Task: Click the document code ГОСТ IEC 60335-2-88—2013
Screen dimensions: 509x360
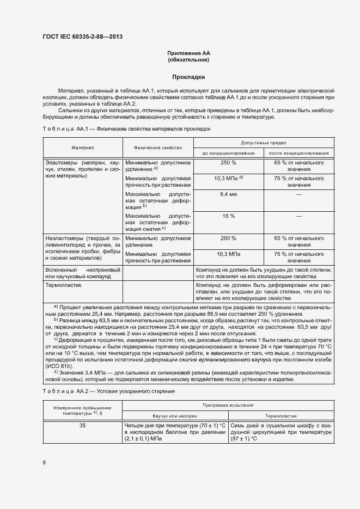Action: [82, 36]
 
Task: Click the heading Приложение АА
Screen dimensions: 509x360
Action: [188, 53]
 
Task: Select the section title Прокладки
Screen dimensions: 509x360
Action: [188, 77]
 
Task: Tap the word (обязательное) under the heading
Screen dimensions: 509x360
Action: [188, 60]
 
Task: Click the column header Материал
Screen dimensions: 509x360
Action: [83, 148]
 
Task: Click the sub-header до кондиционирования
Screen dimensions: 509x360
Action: [229, 153]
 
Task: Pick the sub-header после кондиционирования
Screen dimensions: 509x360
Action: [299, 153]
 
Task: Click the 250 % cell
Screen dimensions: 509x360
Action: [229, 163]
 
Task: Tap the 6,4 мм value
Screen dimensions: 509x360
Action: [229, 194]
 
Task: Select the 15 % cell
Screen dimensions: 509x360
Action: [229, 216]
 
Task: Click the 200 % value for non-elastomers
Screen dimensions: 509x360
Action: [229, 238]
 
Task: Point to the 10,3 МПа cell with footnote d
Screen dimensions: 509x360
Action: [229, 178]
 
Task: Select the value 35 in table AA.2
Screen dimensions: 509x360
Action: [82, 426]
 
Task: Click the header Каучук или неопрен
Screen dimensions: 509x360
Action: [174, 415]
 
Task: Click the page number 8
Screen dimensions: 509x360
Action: [44, 463]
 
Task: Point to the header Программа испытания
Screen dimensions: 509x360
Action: [228, 405]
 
